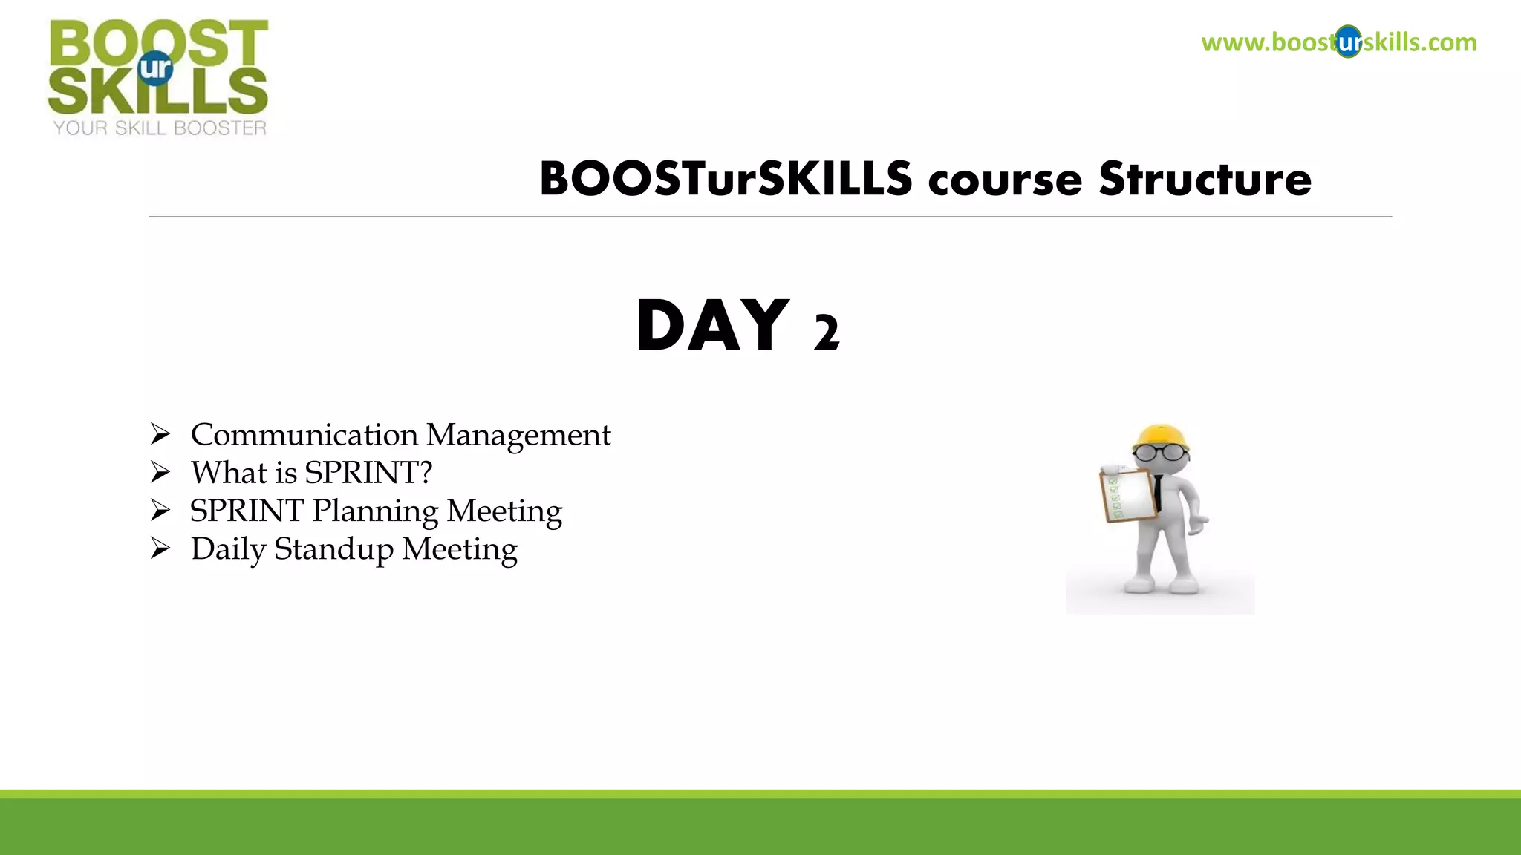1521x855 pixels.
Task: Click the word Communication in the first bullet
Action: pyautogui.click(x=304, y=435)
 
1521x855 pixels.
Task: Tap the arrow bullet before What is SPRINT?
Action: pyautogui.click(x=160, y=472)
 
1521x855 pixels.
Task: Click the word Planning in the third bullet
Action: pyautogui.click(x=375, y=511)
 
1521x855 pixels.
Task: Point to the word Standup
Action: pyautogui.click(x=333, y=550)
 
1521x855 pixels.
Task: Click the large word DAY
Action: pyautogui.click(x=712, y=326)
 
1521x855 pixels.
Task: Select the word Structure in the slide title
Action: pyautogui.click(x=1205, y=180)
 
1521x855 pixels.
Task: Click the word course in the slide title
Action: pyautogui.click(x=1005, y=181)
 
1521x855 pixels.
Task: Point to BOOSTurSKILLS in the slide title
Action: pyautogui.click(x=726, y=180)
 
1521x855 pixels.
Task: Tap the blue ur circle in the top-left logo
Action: pyautogui.click(x=156, y=68)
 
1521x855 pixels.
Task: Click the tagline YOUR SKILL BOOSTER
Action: pyautogui.click(x=160, y=128)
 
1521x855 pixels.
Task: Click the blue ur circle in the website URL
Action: pyautogui.click(x=1348, y=42)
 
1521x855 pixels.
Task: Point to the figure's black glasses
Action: pyautogui.click(x=1161, y=452)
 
